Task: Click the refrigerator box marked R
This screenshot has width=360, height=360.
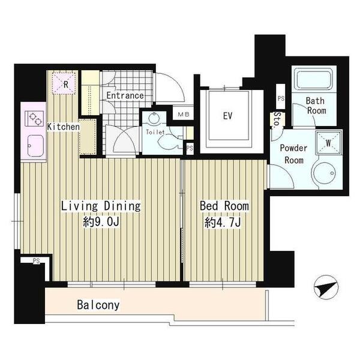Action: (x=64, y=83)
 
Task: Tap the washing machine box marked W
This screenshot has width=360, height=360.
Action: (x=328, y=142)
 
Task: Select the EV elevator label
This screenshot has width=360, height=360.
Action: (x=227, y=116)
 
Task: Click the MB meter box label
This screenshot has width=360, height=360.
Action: (x=184, y=114)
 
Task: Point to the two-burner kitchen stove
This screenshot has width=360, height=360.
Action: (x=34, y=118)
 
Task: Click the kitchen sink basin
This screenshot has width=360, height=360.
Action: (x=35, y=146)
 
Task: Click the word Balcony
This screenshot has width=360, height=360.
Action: (x=98, y=305)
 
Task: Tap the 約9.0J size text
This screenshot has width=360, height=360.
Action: (x=101, y=222)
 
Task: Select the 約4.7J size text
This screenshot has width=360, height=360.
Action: (x=223, y=222)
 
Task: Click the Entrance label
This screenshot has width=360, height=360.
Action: (x=125, y=95)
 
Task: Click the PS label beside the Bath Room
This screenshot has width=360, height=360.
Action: (x=281, y=98)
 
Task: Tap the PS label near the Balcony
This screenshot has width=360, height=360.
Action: (x=36, y=261)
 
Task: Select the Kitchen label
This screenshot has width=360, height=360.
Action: (x=64, y=127)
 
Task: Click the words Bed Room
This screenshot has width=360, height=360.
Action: (x=224, y=206)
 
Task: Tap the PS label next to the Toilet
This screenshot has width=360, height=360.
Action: (x=190, y=148)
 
